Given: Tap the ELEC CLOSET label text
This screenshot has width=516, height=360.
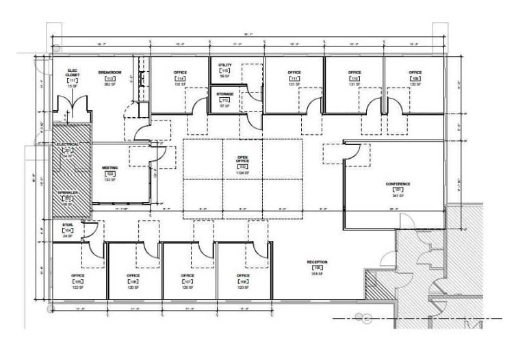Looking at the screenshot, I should point(73,73).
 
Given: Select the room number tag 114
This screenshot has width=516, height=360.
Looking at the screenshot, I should point(180,79).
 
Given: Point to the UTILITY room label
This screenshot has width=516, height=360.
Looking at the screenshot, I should point(225,64).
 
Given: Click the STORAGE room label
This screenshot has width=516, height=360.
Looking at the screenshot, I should point(225,94).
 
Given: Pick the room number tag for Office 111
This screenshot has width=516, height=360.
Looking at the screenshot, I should point(295,79).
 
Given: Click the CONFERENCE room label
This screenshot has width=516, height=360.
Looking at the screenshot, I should point(398,184).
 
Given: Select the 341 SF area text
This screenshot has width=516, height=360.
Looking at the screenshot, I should point(398,196).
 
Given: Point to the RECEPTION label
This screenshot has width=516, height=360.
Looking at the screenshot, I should point(317,261).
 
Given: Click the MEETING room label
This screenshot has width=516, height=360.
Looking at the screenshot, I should point(109,167).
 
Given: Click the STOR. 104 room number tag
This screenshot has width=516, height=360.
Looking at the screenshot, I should point(67,231).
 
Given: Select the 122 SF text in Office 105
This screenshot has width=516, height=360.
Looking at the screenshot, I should point(77,287).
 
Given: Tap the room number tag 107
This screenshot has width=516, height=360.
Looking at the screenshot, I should point(188,281).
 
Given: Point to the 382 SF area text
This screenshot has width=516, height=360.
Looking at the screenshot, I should point(109,86).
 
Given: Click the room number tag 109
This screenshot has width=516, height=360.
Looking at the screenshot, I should point(415,79).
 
